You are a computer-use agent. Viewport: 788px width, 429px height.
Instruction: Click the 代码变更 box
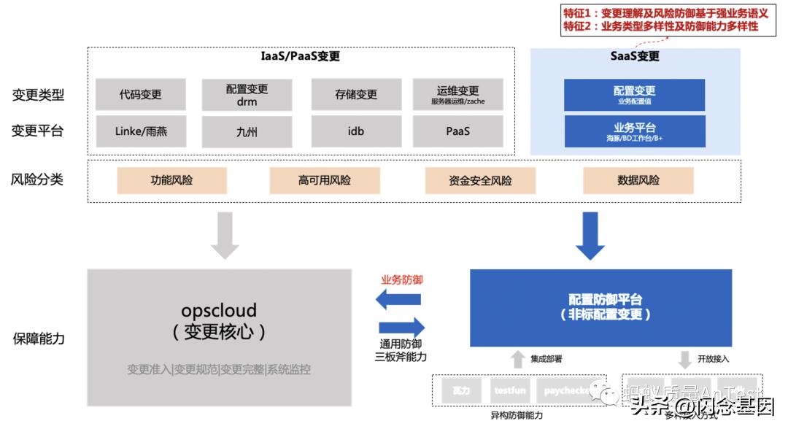[x=140, y=94]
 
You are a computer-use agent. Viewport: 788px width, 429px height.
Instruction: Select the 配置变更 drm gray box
[x=247, y=95]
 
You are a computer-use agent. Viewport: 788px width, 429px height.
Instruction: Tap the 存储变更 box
[x=356, y=94]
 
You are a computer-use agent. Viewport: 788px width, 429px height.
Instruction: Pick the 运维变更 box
[x=457, y=94]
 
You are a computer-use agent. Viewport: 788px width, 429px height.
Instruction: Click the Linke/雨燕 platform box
[x=140, y=131]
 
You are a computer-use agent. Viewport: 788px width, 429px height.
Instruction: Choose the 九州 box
[x=247, y=132]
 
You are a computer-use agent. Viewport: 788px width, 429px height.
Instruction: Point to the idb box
[x=356, y=131]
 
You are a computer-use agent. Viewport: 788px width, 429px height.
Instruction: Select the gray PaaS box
[x=457, y=131]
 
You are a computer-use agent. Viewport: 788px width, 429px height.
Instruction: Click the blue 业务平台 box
[x=634, y=131]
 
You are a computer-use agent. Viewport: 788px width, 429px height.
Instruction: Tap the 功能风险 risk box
[x=171, y=180]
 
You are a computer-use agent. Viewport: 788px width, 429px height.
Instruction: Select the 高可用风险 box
[x=324, y=180]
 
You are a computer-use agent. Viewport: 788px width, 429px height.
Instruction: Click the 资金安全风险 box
[x=480, y=180]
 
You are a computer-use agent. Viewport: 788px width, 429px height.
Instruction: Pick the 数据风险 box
[x=638, y=180]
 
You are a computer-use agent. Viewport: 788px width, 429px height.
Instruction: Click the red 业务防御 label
[x=402, y=280]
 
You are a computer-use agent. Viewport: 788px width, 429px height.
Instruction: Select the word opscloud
[x=219, y=312]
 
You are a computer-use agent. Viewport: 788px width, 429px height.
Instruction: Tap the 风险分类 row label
[x=38, y=179]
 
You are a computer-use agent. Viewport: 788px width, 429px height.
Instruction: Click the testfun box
[x=510, y=391]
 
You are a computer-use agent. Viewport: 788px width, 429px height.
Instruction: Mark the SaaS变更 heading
[x=634, y=56]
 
